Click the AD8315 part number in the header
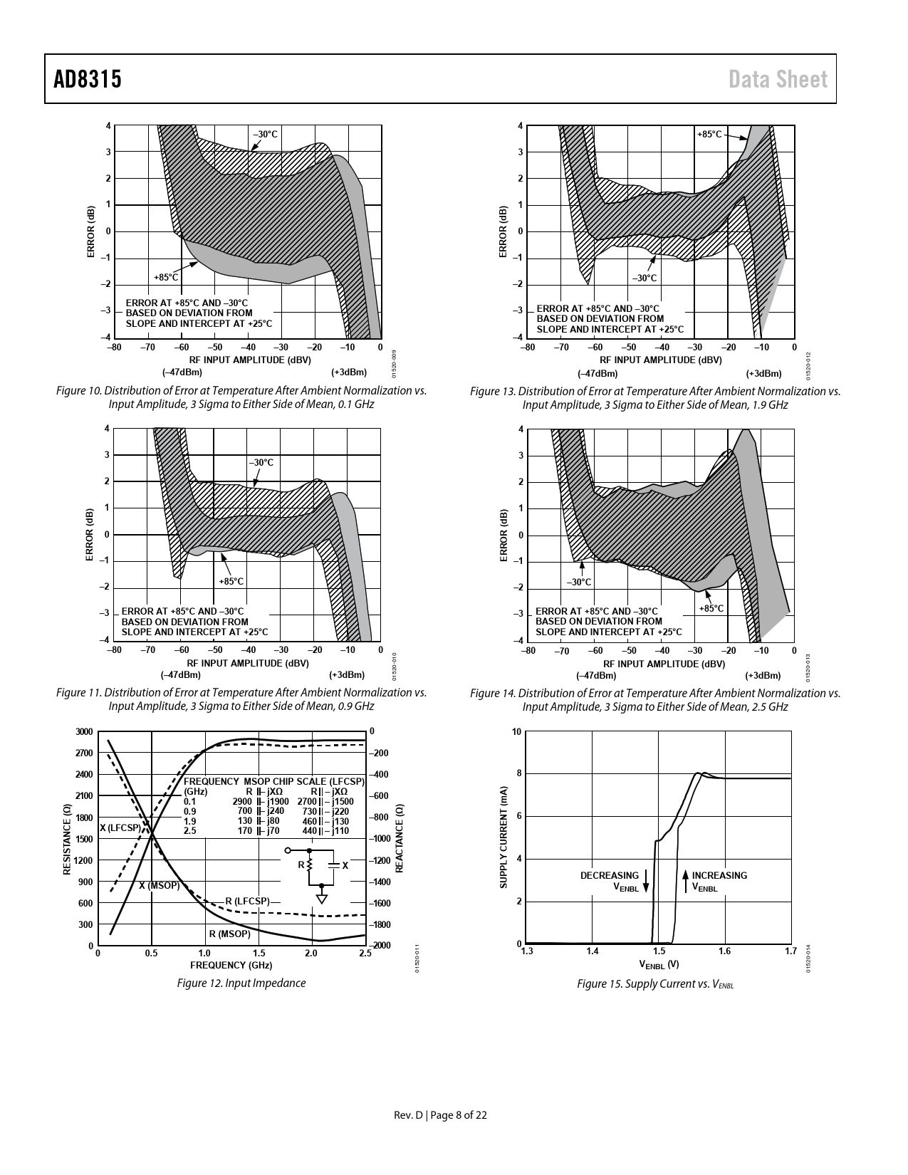tap(88, 80)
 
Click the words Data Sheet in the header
tap(778, 80)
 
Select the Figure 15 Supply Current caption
tap(654, 983)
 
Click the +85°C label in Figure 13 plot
tap(709, 134)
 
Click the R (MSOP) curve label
tap(229, 933)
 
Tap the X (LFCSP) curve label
tap(120, 827)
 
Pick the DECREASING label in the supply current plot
tap(609, 875)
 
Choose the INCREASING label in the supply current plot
tap(719, 875)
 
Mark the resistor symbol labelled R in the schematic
tap(309, 865)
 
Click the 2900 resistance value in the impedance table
tap(242, 801)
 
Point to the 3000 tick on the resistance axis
tap(84, 731)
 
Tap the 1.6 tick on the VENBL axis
tap(724, 951)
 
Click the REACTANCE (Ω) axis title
tap(400, 839)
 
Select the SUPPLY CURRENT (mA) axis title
tap(503, 837)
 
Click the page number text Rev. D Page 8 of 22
tap(441, 1115)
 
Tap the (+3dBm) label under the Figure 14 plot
tap(763, 675)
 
